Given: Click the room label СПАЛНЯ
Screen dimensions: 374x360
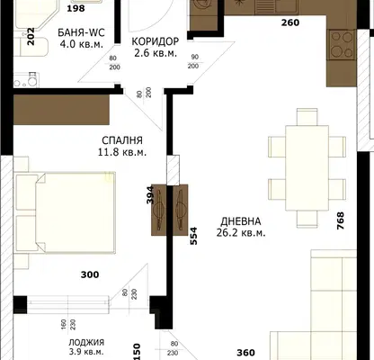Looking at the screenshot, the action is [122, 140].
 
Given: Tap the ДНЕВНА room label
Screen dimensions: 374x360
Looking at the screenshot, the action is [241, 221].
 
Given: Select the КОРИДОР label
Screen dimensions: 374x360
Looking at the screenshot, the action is [156, 41].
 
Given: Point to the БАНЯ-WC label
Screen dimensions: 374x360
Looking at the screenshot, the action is [81, 32].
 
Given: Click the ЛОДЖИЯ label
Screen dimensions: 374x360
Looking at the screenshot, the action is [86, 342].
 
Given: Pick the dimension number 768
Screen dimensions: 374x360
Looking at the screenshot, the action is [341, 220].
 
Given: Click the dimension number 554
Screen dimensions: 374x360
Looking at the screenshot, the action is [194, 236].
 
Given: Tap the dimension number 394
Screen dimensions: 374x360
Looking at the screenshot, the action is [150, 195].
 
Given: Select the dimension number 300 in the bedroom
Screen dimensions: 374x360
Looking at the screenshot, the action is [90, 274].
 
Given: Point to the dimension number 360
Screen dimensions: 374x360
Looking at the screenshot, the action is [245, 353].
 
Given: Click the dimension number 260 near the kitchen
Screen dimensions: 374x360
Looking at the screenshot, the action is [290, 22].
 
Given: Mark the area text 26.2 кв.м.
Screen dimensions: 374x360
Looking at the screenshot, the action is [241, 233].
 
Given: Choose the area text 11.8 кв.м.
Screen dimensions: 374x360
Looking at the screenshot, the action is [122, 152].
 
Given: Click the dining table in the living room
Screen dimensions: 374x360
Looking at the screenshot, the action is [307, 168].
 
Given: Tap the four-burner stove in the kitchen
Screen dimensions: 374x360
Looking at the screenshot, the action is [342, 45].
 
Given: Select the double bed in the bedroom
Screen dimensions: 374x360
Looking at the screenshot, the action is [65, 213].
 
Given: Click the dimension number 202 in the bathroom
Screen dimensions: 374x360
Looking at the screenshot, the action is [31, 36].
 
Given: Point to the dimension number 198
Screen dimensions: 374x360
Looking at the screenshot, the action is [76, 8].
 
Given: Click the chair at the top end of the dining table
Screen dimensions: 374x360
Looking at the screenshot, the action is [307, 117].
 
